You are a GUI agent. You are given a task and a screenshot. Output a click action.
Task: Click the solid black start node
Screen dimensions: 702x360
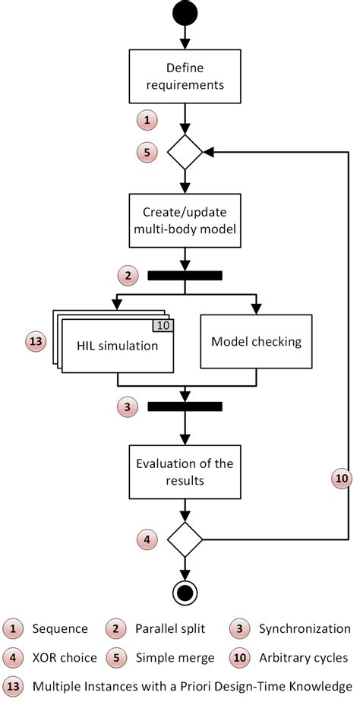point(185,12)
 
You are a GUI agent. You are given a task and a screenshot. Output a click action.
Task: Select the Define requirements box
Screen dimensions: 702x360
point(185,76)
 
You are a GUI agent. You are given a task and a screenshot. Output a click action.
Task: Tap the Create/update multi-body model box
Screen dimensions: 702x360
point(185,220)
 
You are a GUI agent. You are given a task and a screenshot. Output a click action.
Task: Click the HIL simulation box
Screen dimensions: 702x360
point(116,346)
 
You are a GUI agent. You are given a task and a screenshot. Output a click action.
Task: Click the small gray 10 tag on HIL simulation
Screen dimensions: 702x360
point(164,326)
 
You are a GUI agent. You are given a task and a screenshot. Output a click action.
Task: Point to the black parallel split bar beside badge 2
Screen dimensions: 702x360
point(185,275)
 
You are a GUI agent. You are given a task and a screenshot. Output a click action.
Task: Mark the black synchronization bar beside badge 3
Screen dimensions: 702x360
point(185,406)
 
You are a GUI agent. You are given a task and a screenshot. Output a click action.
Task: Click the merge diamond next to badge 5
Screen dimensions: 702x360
point(185,152)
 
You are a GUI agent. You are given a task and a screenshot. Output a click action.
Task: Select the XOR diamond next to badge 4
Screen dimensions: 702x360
point(185,539)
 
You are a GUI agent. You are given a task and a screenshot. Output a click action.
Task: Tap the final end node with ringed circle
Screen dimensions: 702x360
point(185,590)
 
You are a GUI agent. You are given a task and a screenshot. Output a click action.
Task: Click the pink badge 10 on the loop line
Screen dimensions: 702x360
point(342,478)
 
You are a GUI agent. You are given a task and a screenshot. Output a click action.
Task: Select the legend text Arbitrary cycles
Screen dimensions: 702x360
point(312,656)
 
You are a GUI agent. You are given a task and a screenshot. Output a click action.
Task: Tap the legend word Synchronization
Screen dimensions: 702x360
point(305,628)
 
